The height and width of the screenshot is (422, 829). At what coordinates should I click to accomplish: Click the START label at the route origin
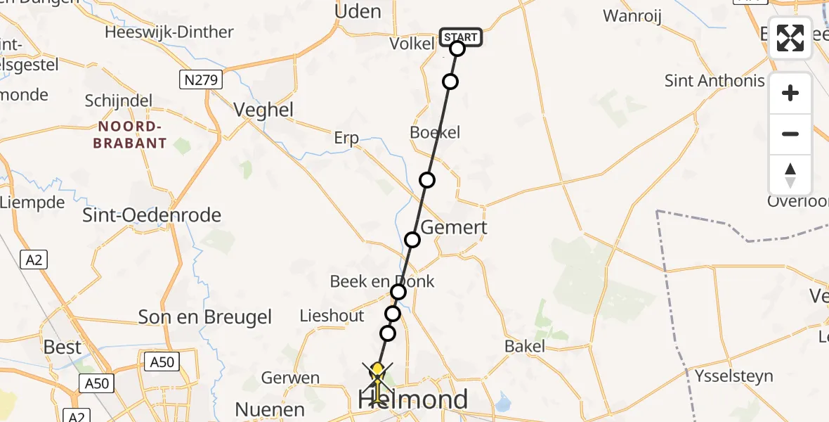(461, 37)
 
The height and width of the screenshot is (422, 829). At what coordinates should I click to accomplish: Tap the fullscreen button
(790, 38)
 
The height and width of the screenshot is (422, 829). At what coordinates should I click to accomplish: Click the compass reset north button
(790, 175)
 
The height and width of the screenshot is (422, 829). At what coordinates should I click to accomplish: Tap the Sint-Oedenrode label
(152, 215)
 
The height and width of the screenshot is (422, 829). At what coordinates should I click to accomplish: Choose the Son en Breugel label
(205, 317)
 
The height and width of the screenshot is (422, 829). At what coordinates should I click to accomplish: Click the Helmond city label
(413, 399)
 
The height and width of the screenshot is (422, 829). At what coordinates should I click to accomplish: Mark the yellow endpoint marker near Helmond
(377, 369)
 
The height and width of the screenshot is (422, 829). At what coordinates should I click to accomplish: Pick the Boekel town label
(435, 132)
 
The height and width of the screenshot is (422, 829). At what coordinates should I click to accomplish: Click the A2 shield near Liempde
(34, 260)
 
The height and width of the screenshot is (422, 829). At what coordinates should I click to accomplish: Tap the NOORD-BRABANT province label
(132, 134)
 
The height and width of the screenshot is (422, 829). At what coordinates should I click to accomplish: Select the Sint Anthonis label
(714, 81)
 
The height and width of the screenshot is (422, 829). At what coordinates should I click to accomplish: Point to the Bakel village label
(525, 345)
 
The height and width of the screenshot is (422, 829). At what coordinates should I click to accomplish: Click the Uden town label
(358, 11)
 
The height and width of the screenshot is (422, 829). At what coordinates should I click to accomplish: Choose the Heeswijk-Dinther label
(169, 32)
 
